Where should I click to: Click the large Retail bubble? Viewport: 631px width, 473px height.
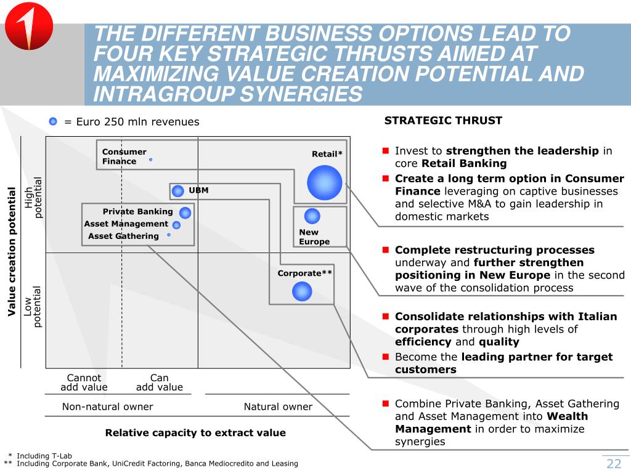(x=324, y=182)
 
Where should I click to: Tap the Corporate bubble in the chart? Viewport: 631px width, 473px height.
(x=302, y=291)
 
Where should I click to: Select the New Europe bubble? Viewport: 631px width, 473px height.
(x=312, y=216)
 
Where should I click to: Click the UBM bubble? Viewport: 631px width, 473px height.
(x=178, y=191)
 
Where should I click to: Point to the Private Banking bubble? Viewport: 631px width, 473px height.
(x=185, y=212)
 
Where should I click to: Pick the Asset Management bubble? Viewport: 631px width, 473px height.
(x=176, y=225)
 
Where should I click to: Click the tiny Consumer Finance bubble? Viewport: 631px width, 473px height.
(x=150, y=160)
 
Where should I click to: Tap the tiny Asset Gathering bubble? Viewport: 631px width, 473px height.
(x=168, y=235)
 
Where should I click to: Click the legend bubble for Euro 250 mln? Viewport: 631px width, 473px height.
(x=53, y=121)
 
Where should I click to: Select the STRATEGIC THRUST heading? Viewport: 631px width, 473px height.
(x=443, y=121)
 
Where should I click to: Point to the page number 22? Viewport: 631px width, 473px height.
(x=614, y=464)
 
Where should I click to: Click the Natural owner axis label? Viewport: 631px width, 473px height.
(x=278, y=406)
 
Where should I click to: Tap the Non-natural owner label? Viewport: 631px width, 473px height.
(x=107, y=406)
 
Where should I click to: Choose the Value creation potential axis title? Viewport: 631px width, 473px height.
(x=11, y=251)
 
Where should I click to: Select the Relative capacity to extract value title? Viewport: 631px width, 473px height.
(x=195, y=432)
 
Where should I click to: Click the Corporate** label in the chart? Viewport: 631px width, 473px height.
(x=305, y=273)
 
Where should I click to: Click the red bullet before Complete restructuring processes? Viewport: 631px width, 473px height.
(x=384, y=250)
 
